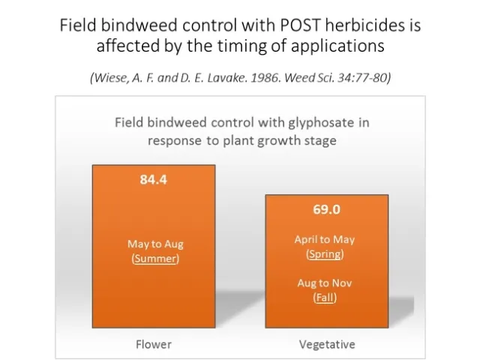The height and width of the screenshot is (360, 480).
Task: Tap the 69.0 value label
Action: coord(326,209)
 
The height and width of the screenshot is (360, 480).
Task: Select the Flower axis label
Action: coord(153,344)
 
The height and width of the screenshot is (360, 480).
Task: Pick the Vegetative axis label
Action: coord(327,344)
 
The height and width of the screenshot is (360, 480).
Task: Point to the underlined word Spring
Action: coord(325,253)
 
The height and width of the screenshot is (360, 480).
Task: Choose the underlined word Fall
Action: coord(325,298)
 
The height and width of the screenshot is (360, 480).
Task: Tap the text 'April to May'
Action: coord(325,239)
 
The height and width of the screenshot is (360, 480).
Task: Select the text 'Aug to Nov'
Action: coord(325,283)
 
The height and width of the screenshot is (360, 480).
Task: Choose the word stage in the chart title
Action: coord(318,140)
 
